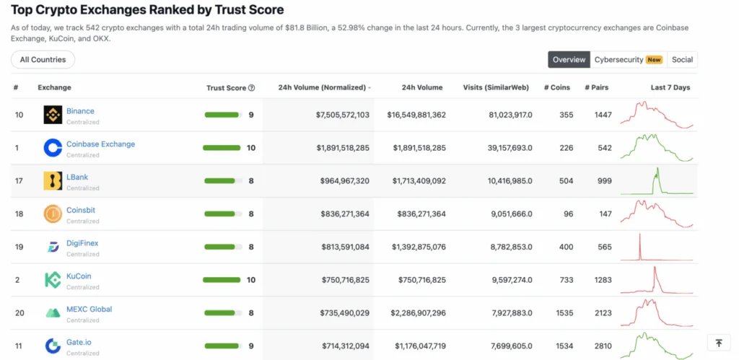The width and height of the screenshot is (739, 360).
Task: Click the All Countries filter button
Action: (43, 60)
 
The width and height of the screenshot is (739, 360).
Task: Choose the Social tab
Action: (682, 60)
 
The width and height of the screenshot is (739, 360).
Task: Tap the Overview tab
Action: (569, 60)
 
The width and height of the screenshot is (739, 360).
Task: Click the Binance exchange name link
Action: (80, 111)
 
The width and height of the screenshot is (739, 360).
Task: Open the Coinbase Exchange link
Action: (100, 144)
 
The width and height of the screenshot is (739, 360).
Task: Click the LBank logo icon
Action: (53, 181)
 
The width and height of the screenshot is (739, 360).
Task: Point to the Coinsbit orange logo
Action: (53, 214)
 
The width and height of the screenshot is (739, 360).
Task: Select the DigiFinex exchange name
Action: (82, 243)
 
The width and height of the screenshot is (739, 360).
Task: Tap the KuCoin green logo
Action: (53, 280)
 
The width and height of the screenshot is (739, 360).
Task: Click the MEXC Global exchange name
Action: (89, 309)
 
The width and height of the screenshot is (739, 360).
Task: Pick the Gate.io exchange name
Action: (79, 342)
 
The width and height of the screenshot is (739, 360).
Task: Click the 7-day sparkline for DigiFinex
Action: (656, 247)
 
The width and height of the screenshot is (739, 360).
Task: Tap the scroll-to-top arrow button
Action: (719, 343)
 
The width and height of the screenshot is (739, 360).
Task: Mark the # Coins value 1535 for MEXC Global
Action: (564, 312)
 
